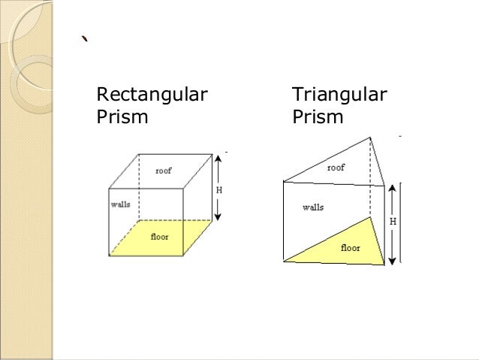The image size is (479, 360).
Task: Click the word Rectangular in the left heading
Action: point(152,95)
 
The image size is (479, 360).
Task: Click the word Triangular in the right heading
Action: point(339,95)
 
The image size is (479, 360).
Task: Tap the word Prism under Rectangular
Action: point(122,118)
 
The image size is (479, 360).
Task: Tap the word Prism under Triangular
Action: point(318,118)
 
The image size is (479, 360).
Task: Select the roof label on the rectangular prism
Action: point(163,171)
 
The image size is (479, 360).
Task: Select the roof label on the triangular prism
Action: point(336,168)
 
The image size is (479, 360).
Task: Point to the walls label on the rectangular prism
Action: point(121,204)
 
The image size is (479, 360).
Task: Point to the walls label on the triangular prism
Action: point(313,207)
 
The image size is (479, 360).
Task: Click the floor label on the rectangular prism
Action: point(159,237)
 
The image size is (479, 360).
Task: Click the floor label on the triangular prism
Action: point(351,247)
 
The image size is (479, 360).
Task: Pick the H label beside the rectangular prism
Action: point(219,189)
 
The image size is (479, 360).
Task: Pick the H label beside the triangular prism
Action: point(392,222)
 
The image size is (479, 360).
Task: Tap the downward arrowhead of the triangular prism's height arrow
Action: point(392,262)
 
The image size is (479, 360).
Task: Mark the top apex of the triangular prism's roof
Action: point(369,138)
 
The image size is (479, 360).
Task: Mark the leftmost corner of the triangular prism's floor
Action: point(284,261)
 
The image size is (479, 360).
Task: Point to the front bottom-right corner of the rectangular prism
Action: point(184,256)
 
